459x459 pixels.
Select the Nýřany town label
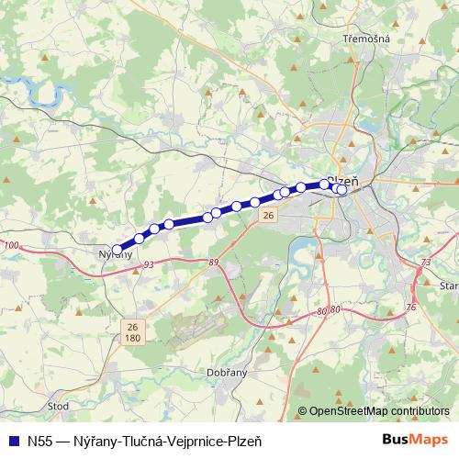point(115,254)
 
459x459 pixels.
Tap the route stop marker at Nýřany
point(117,249)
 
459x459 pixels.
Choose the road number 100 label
point(11,245)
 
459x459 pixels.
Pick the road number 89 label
point(214,263)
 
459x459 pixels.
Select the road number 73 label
point(424,263)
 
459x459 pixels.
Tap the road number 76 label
point(410,307)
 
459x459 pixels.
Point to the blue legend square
point(11,439)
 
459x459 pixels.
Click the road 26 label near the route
point(267,215)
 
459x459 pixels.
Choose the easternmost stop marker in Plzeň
point(342,190)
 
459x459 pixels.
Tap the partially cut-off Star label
point(449,286)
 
